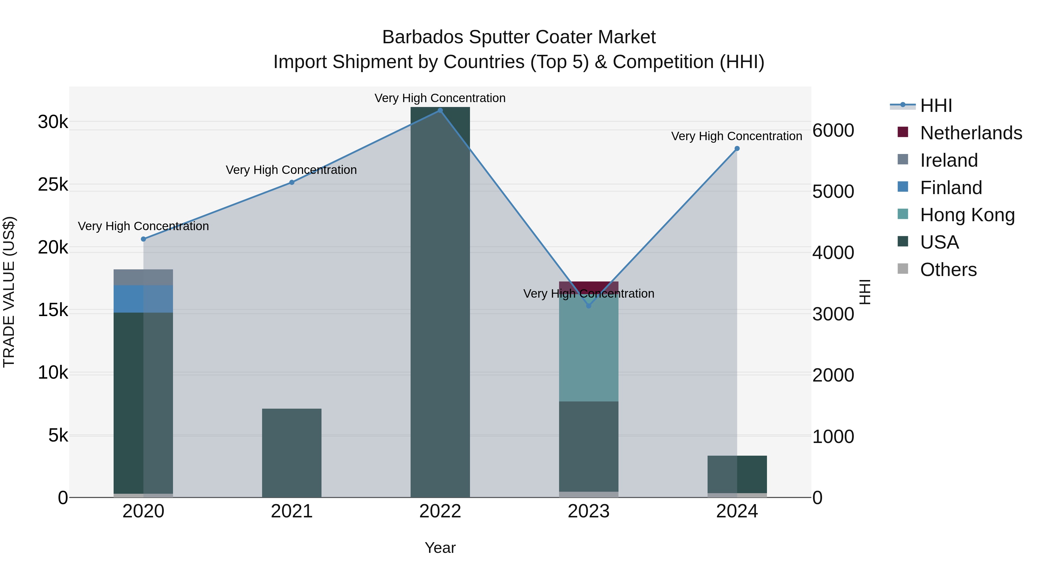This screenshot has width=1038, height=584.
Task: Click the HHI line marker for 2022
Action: tap(440, 110)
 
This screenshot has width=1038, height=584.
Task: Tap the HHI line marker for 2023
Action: tap(589, 306)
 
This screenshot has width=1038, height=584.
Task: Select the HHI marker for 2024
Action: tap(737, 149)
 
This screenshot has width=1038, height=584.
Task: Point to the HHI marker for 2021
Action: tap(292, 183)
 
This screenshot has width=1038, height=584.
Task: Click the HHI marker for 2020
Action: tap(144, 239)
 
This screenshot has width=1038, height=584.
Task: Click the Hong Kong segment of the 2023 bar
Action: tap(589, 351)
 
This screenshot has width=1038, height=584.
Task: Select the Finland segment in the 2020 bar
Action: tap(144, 299)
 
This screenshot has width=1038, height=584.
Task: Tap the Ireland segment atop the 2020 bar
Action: tap(144, 277)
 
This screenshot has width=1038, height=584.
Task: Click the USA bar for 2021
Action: tap(292, 453)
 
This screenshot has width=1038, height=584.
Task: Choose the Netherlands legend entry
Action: tap(971, 133)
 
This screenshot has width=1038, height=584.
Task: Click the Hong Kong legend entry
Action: tap(967, 215)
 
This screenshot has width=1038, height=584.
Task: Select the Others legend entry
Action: tap(948, 270)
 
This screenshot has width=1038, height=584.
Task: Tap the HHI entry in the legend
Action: tap(936, 106)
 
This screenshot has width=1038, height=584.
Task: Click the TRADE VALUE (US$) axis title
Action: tap(9, 292)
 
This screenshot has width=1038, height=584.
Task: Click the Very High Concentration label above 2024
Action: tap(737, 136)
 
